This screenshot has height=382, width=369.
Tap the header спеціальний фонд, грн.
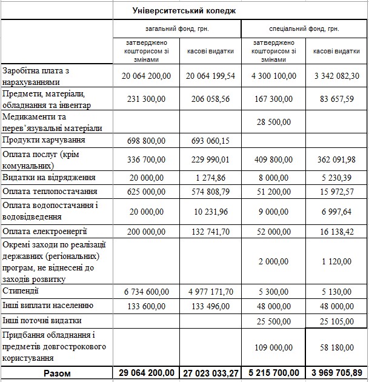pyautogui.click(x=304, y=28)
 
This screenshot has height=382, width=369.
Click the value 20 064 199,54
pyautogui.click(x=210, y=76)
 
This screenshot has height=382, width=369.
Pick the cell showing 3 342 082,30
pyautogui.click(x=337, y=76)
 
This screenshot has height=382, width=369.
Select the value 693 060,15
pyautogui.click(x=210, y=141)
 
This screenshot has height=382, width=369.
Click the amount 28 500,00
pyautogui.click(x=273, y=122)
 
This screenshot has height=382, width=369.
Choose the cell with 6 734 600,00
pyautogui.click(x=147, y=292)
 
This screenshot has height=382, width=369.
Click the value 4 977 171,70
pyautogui.click(x=210, y=292)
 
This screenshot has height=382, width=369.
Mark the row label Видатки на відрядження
pyautogui.click(x=50, y=178)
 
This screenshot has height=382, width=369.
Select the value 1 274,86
pyautogui.click(x=210, y=178)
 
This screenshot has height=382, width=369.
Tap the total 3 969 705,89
pyautogui.click(x=337, y=373)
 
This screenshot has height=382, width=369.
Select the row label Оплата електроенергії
pyautogui.click(x=45, y=231)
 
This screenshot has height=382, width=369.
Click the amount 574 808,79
pyautogui.click(x=210, y=192)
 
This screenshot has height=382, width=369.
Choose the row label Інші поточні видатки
pyautogui.click(x=42, y=320)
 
